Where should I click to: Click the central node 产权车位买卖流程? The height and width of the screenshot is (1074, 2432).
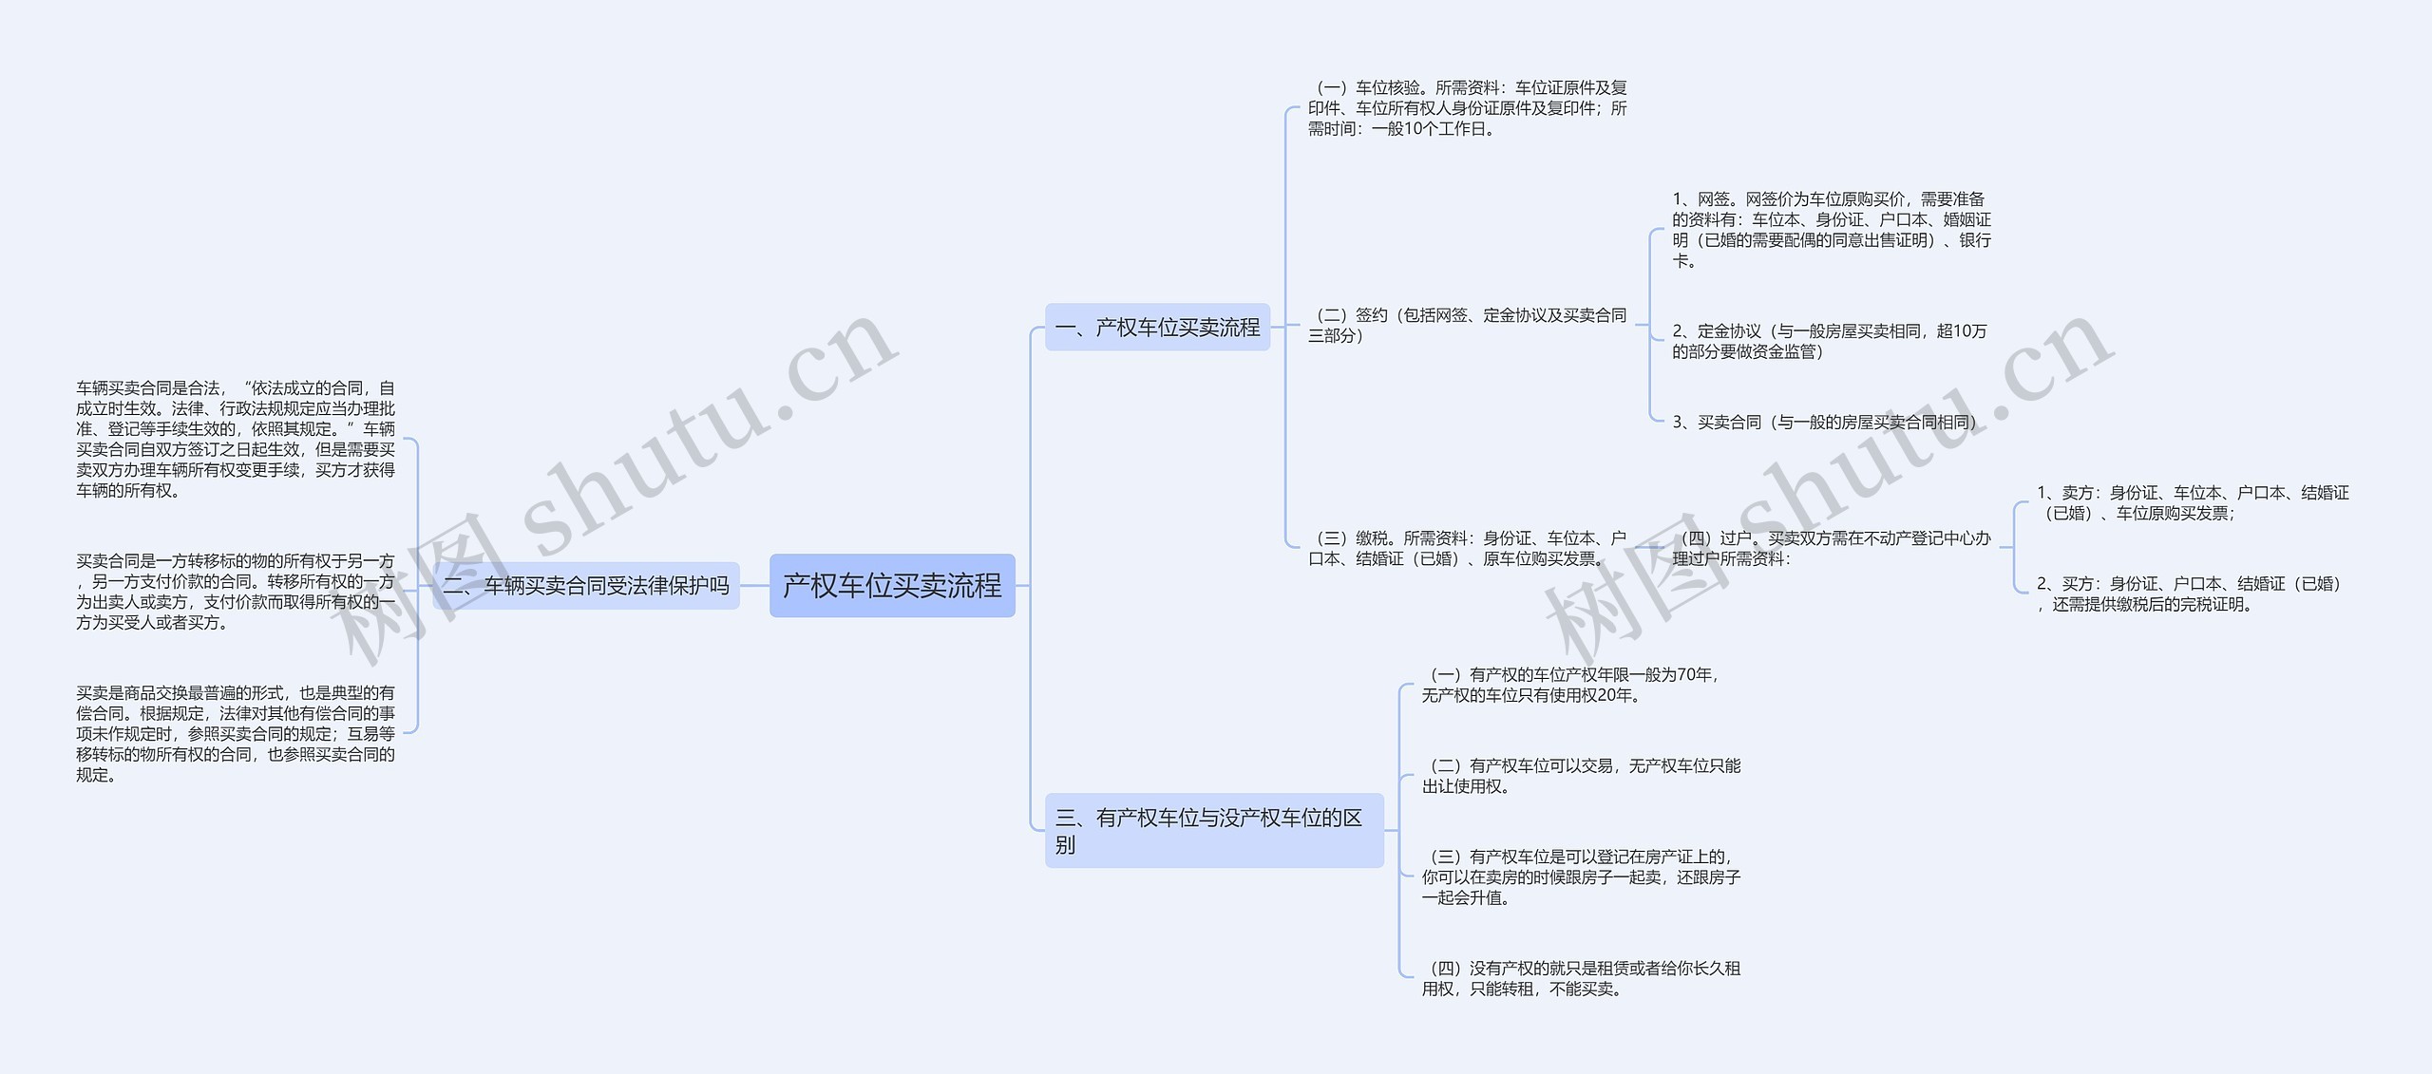click(x=892, y=586)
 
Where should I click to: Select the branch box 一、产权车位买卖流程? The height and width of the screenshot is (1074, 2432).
click(x=1157, y=328)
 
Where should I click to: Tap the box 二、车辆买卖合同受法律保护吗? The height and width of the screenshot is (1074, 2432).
click(x=586, y=586)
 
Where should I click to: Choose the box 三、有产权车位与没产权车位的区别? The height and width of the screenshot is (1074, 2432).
click(x=1213, y=830)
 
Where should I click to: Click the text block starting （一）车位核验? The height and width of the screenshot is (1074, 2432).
click(x=1467, y=108)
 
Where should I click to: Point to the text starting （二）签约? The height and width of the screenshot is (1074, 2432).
click(x=1467, y=325)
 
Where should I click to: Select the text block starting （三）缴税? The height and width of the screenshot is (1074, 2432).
click(x=1467, y=549)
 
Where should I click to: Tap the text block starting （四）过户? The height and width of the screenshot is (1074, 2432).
click(x=1831, y=549)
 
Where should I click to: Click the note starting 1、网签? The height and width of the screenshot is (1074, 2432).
click(x=1831, y=230)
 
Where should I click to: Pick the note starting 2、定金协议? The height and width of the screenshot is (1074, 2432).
click(x=1829, y=341)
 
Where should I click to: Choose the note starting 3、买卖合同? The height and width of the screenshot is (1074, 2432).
click(x=1824, y=423)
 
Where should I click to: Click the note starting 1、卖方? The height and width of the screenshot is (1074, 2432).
click(x=2192, y=503)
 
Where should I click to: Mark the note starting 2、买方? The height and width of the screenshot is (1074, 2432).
click(x=2188, y=594)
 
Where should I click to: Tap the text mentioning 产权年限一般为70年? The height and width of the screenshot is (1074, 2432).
click(x=1569, y=685)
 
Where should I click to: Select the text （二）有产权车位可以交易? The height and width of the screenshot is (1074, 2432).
click(x=1581, y=776)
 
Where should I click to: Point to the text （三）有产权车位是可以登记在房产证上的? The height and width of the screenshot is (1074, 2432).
click(x=1581, y=877)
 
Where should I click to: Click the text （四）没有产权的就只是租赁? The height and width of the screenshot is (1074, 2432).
click(x=1581, y=978)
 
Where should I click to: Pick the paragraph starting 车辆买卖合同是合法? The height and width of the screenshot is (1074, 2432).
click(x=236, y=439)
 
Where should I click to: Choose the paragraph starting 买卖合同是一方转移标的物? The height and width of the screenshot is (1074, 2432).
click(x=236, y=592)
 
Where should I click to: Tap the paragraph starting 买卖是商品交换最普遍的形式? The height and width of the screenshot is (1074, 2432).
click(x=236, y=733)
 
